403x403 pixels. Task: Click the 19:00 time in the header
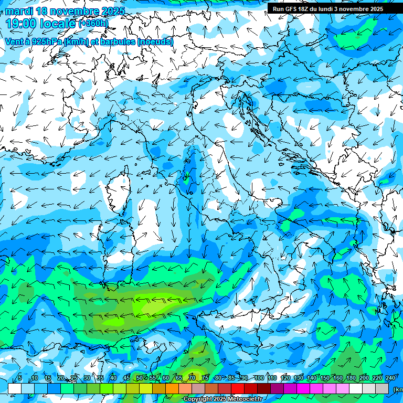coord(24,24)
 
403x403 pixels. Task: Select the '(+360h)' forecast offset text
coord(93,24)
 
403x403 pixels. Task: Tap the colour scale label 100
coord(259,378)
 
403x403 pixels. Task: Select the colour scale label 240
coord(390,378)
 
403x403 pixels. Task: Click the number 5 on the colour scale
coord(20,378)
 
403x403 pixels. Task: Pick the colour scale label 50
coord(140,378)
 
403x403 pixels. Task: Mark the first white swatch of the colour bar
coord(15,388)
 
